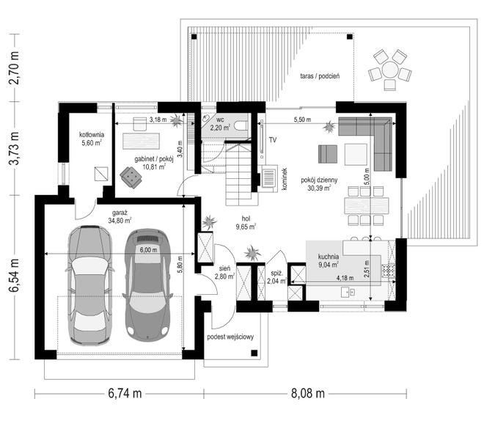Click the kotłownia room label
click(x=92, y=135)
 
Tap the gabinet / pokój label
click(x=154, y=159)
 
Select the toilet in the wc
click(x=241, y=125)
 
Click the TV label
click(x=273, y=140)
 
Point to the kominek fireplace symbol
click(x=269, y=177)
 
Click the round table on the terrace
click(x=390, y=70)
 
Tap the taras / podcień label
click(x=320, y=76)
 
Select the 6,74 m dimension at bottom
click(x=125, y=393)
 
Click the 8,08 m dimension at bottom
click(x=308, y=393)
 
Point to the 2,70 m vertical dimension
click(x=14, y=67)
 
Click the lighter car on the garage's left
click(x=89, y=285)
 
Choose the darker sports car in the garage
click(x=147, y=285)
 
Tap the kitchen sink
click(x=348, y=292)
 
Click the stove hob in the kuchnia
click(x=389, y=271)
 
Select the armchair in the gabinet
click(x=131, y=177)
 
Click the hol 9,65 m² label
click(x=246, y=223)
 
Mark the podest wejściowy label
click(x=230, y=337)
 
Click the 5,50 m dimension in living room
click(x=302, y=120)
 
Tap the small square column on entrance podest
click(x=254, y=353)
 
